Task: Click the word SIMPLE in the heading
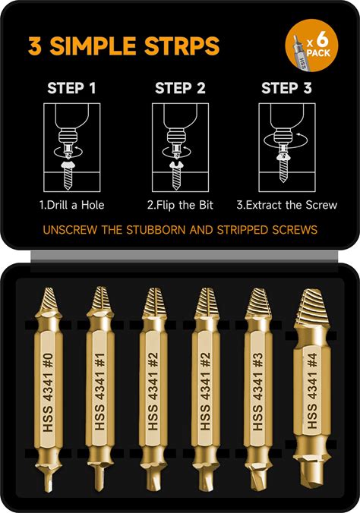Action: tap(93, 46)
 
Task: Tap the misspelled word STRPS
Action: tap(182, 46)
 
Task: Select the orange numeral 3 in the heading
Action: tap(34, 46)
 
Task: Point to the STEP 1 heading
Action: tap(71, 88)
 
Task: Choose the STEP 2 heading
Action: tap(180, 88)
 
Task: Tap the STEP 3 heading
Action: tap(286, 88)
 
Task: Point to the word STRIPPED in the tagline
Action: tap(242, 230)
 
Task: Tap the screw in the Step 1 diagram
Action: tap(68, 175)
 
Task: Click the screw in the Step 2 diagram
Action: tap(176, 175)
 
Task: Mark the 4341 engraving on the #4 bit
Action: tap(312, 386)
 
